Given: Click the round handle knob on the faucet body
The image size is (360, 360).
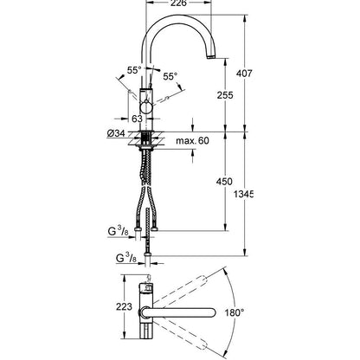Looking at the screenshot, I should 147,106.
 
